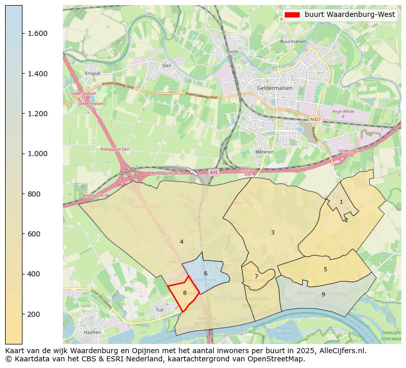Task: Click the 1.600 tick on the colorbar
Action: (x=38, y=34)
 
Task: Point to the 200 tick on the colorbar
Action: (x=38, y=314)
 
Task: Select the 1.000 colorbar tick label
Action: (x=38, y=154)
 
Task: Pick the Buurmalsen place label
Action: (x=293, y=41)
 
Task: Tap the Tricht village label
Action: (x=232, y=52)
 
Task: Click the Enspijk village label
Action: (x=93, y=74)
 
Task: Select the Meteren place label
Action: (x=264, y=152)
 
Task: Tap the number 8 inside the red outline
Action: (x=185, y=293)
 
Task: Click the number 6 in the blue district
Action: (x=206, y=274)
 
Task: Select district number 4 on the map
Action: (x=182, y=242)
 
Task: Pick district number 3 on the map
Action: (x=273, y=232)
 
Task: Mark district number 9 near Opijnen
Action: (x=323, y=294)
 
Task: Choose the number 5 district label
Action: (x=325, y=269)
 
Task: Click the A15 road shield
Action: (x=214, y=173)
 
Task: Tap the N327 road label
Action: (x=315, y=119)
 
